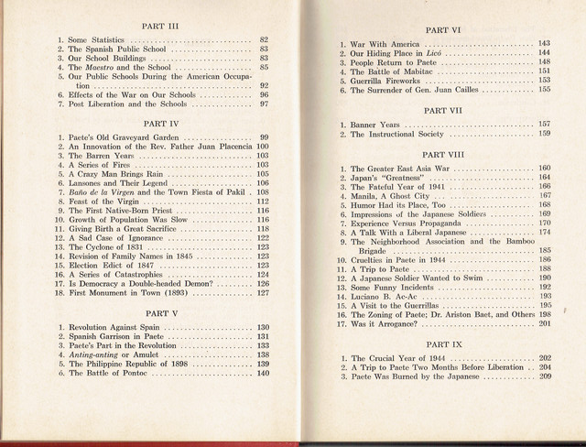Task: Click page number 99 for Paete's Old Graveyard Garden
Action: pos(264,136)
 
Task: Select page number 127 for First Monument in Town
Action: pos(263,294)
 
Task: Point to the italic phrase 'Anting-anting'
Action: pos(101,354)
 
